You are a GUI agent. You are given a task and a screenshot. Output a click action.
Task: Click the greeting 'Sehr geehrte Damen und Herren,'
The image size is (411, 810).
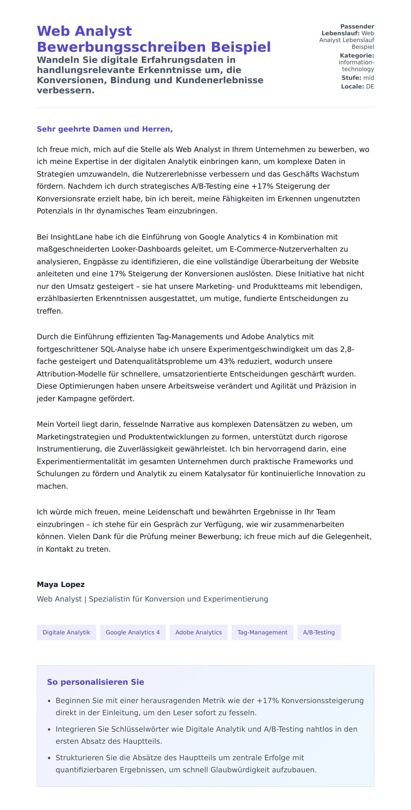pos(104,129)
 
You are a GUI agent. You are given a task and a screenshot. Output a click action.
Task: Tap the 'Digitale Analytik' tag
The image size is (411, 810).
pos(66,632)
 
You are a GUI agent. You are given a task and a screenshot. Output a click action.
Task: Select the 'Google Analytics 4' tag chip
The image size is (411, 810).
pos(133,632)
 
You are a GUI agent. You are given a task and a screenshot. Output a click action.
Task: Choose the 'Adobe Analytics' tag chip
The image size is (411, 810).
pos(198,632)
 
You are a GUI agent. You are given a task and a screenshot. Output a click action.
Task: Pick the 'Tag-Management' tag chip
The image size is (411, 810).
pos(262,632)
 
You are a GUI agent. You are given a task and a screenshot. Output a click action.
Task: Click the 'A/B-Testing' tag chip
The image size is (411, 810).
pos(319,632)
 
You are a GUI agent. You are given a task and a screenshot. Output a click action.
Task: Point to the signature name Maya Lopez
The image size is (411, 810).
pos(61,584)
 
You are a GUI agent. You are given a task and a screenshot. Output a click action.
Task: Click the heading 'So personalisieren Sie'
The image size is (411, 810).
pos(95,682)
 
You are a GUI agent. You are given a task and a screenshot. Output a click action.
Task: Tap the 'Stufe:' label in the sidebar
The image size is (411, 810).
pos(351,78)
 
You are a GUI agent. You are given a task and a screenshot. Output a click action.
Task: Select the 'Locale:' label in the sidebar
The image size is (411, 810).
pos(352,87)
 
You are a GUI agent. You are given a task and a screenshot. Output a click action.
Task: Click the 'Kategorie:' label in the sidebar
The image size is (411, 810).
pos(357,56)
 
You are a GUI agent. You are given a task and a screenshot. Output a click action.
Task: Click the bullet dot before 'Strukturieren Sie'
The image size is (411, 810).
pos(49,758)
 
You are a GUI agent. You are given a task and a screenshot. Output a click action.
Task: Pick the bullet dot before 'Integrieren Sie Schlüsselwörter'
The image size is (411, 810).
pos(49,730)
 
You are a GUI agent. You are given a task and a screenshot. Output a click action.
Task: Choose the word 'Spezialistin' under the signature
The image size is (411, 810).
pos(108,599)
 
